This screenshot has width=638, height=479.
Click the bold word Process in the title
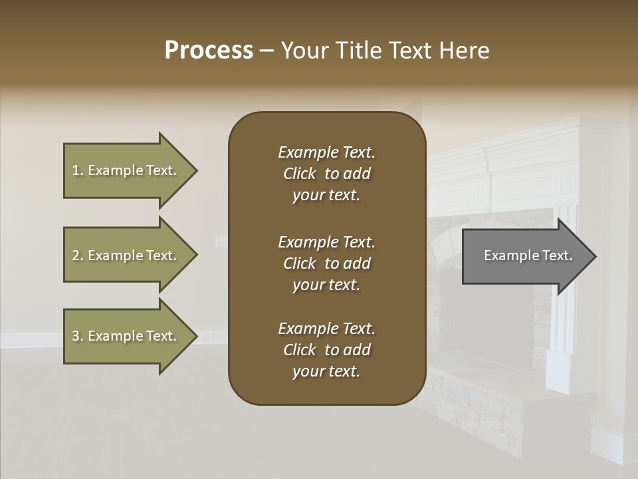[x=209, y=51]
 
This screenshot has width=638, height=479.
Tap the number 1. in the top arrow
[x=77, y=170]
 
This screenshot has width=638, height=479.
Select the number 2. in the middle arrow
[x=77, y=255]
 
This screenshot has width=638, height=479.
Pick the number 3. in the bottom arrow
[x=77, y=336]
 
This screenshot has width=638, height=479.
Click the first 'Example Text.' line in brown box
[x=326, y=152]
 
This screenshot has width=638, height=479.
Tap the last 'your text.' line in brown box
[x=326, y=371]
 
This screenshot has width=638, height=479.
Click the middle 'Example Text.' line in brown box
[x=326, y=242]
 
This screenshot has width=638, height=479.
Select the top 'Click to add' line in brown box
[x=326, y=174]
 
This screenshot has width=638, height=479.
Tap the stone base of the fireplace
[x=478, y=406]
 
